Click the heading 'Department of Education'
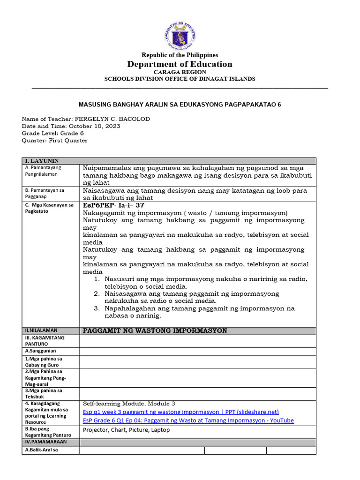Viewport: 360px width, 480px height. pos(180,64)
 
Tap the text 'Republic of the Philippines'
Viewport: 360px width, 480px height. pos(180,55)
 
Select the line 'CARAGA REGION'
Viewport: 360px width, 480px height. pos(180,72)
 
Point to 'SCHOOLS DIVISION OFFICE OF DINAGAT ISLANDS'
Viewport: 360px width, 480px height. pos(180,79)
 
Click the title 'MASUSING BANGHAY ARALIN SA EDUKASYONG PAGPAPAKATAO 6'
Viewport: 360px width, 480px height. pos(180,104)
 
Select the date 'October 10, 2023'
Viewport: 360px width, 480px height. pos(95,126)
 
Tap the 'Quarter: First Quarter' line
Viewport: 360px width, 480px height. pos(54,140)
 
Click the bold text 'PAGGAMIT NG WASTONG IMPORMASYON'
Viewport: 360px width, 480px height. pos(155,331)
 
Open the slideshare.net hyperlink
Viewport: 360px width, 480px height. pos(180,412)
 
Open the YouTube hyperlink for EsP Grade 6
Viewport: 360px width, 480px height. pos(188,420)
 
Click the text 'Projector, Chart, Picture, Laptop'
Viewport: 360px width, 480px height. pos(126,430)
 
